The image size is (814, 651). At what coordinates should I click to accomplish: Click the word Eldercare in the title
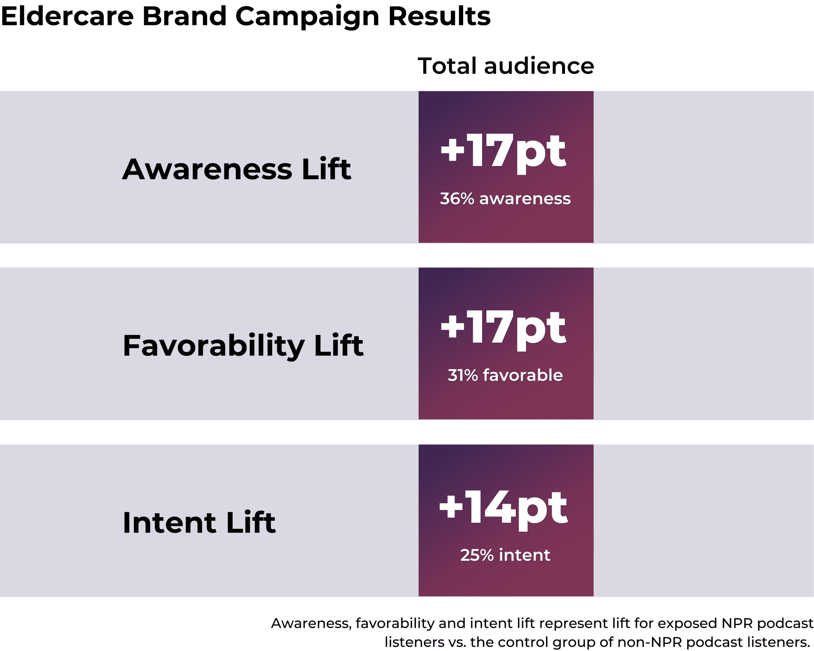pyautogui.click(x=67, y=16)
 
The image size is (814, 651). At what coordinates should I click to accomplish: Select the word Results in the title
pyautogui.click(x=439, y=16)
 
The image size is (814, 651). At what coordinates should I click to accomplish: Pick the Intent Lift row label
pyautogui.click(x=199, y=522)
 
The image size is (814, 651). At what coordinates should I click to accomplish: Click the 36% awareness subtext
pyautogui.click(x=505, y=198)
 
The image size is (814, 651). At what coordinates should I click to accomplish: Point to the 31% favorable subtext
pyautogui.click(x=505, y=375)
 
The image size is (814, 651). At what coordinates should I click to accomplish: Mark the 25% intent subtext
pyautogui.click(x=505, y=555)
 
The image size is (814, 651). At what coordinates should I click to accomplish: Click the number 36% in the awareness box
pyautogui.click(x=457, y=198)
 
